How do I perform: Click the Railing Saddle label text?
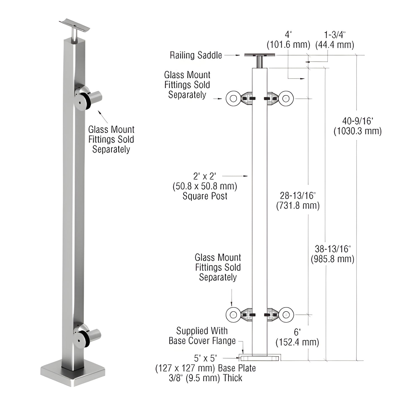pos(196,55)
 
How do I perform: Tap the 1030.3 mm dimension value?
pos(358,131)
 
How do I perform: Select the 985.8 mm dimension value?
pos(332,259)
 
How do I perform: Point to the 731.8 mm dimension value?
pos(298,206)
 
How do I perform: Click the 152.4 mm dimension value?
pos(297,342)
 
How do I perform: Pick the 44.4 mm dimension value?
pos(335,45)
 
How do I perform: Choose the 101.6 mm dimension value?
pos(288,45)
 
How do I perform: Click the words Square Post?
pos(205,196)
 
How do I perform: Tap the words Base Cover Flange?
pos(202,341)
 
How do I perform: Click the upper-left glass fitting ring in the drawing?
pos(233,98)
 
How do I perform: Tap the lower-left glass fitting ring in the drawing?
pos(233,315)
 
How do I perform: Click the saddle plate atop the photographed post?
pos(75,25)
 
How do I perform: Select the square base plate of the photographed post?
pos(73,375)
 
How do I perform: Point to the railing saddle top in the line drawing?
pos(260,55)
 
